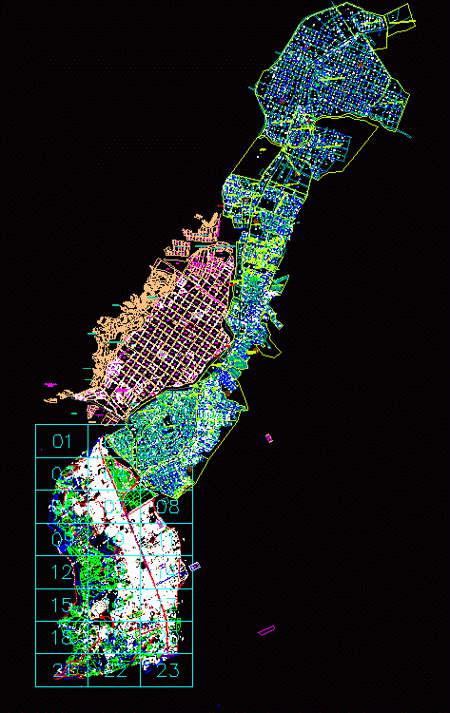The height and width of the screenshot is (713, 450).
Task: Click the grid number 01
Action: [x=62, y=440]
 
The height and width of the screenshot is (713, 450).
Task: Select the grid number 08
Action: [x=167, y=507]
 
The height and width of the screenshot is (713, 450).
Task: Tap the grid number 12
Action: [x=62, y=572]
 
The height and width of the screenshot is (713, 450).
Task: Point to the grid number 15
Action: [x=62, y=606]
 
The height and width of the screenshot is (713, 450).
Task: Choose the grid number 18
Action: [x=62, y=638]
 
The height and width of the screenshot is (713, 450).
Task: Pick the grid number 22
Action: [x=114, y=671]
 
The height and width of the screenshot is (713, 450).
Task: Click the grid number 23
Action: [x=166, y=671]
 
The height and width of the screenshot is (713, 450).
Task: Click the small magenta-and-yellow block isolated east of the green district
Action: [x=268, y=437]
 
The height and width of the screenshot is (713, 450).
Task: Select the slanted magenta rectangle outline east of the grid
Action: [x=266, y=629]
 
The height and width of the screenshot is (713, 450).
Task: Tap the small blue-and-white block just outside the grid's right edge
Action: [x=195, y=567]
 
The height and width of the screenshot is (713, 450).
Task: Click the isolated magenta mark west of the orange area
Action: [x=50, y=385]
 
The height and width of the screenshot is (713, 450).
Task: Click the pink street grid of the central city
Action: [x=176, y=342]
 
